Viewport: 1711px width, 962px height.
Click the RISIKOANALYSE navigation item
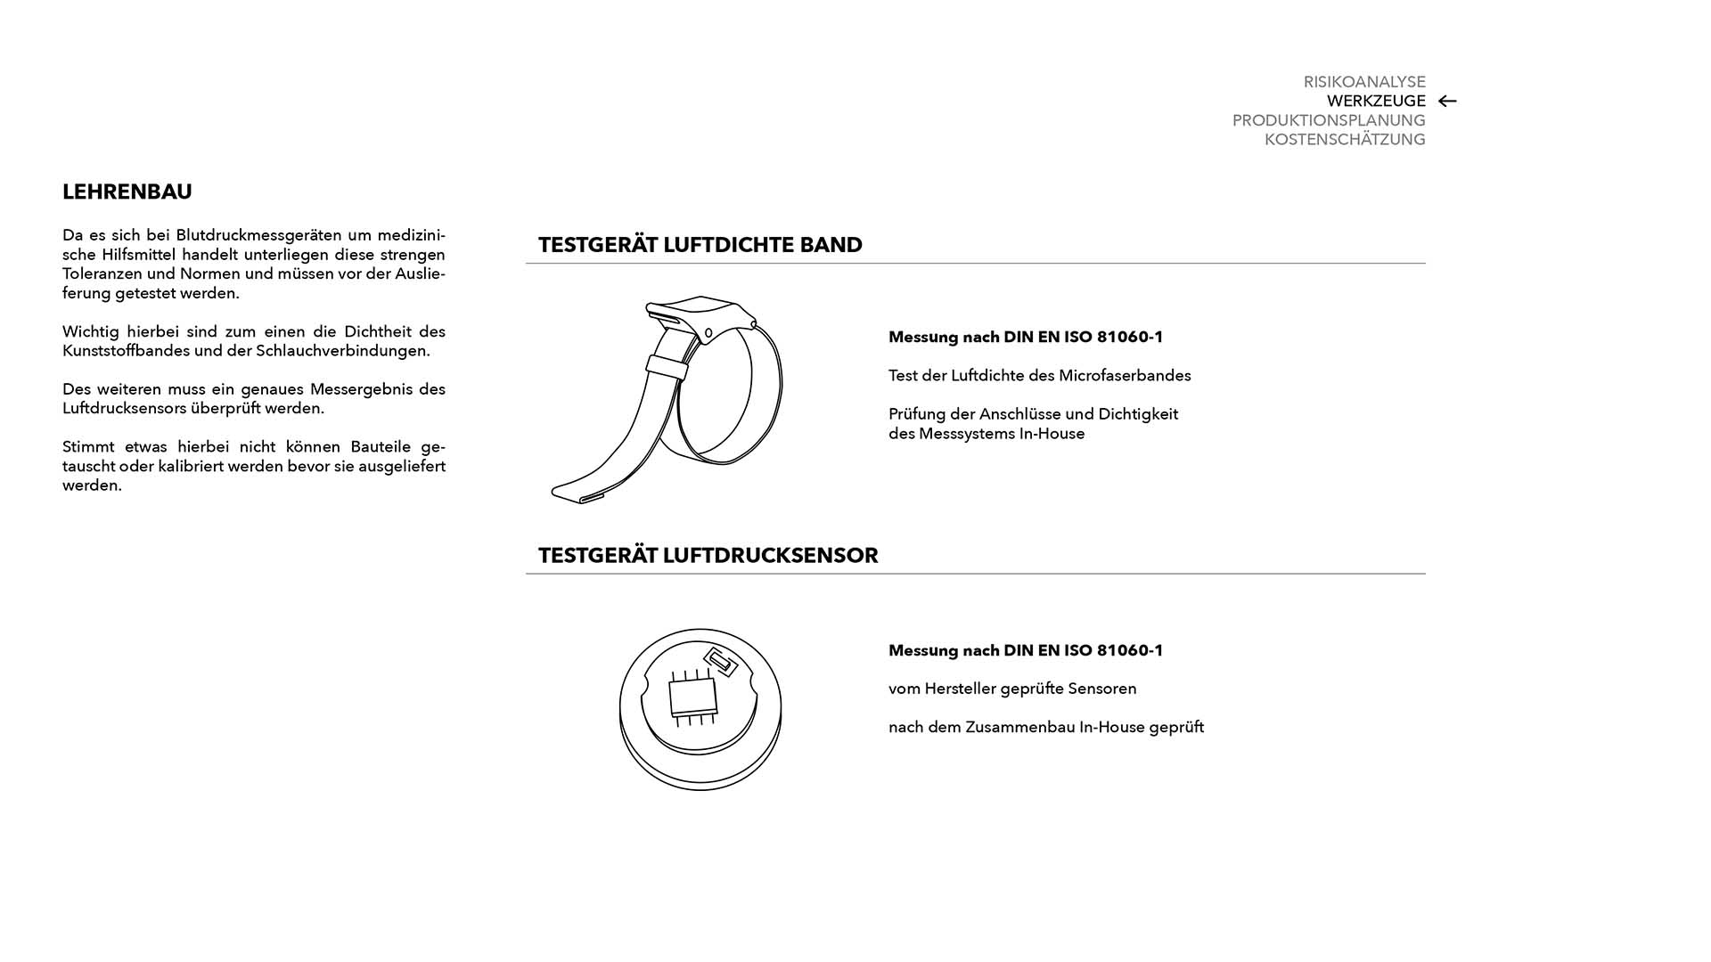1363,82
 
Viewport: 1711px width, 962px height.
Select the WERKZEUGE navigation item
1375,102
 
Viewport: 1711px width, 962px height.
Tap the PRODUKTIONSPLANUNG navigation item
1328,120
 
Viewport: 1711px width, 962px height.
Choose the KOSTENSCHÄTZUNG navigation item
1344,140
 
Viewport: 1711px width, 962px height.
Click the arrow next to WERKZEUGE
1447,102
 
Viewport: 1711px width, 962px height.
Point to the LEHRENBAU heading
127,192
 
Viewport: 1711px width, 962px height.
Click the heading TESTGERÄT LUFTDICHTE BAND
700,245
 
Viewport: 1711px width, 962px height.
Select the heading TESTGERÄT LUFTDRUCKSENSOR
708,556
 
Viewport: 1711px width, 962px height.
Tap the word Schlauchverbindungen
342,351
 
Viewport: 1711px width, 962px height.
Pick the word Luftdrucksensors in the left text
124,409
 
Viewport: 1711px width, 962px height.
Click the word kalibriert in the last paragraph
191,467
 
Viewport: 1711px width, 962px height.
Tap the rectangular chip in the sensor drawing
692,697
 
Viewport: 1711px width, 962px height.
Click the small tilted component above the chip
720,662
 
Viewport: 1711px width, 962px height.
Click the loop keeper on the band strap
667,365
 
